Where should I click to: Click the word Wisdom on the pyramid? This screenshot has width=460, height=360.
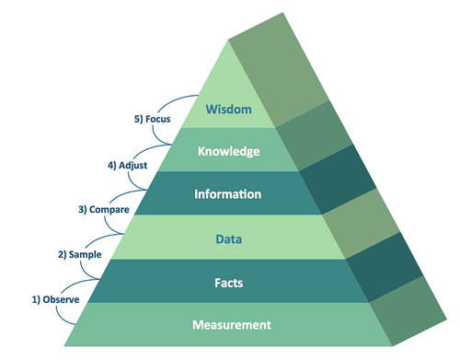[227, 109]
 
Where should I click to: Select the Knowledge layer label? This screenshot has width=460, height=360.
[227, 151]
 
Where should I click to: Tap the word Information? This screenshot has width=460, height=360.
[228, 194]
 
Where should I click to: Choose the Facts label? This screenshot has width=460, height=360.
[228, 282]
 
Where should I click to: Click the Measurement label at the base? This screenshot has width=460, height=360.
[232, 324]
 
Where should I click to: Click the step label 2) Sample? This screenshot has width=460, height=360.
[80, 253]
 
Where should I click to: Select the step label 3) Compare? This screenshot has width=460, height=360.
[103, 209]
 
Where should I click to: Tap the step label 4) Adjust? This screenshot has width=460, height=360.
[127, 166]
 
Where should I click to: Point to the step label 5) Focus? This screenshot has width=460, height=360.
[153, 119]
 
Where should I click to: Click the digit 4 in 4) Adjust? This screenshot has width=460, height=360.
[110, 166]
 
